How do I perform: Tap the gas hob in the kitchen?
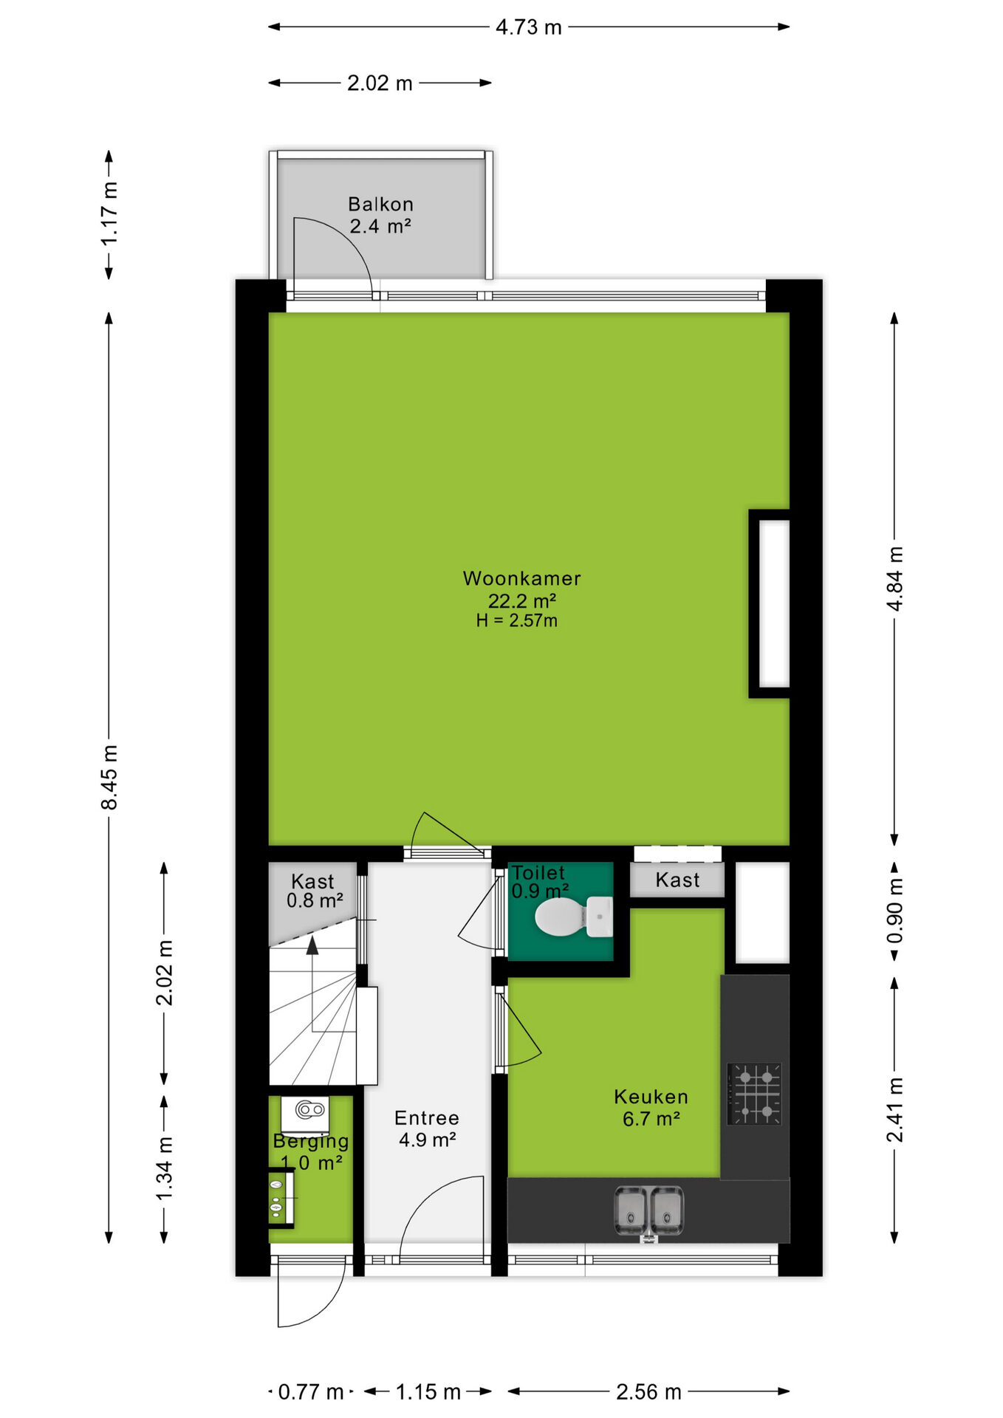coord(754,1094)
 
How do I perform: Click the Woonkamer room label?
coord(521,578)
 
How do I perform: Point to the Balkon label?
coord(380,204)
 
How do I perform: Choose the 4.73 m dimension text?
coord(529,27)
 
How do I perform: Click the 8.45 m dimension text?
coord(109,777)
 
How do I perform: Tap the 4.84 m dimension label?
coord(894,579)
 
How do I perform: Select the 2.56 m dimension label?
coord(648,1392)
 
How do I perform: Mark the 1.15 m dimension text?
coord(428,1392)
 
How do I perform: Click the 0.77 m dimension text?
coord(311,1392)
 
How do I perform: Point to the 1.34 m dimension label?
coord(164,1168)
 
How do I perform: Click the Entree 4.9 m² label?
coord(427,1128)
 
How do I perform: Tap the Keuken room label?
coord(651,1097)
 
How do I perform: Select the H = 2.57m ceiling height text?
coord(516,620)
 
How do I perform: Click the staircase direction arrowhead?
coord(312,945)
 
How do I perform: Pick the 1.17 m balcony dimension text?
coord(109,213)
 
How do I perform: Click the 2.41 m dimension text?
coord(894,1109)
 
